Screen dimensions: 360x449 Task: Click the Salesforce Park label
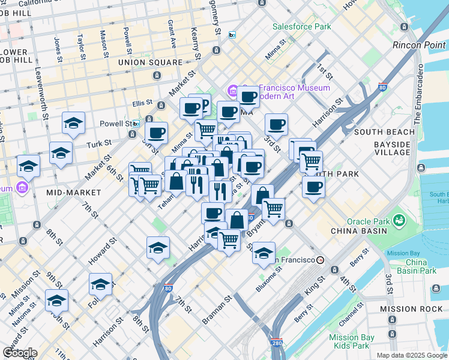(x=301, y=26)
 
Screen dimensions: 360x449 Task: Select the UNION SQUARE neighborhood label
(x=150, y=62)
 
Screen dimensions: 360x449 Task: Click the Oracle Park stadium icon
(x=397, y=222)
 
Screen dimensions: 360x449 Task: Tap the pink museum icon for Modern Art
(x=232, y=91)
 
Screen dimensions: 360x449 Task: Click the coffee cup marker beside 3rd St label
(x=276, y=124)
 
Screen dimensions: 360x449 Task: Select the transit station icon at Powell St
(x=136, y=124)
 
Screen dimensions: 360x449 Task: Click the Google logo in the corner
(x=19, y=353)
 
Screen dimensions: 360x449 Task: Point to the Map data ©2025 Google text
(x=411, y=355)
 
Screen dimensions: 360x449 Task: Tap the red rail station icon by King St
(x=321, y=260)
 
